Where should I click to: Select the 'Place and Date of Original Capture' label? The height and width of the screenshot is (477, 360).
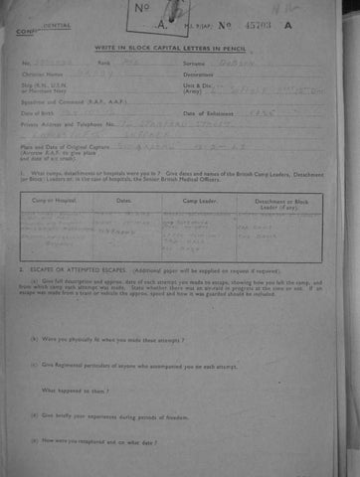55,148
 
